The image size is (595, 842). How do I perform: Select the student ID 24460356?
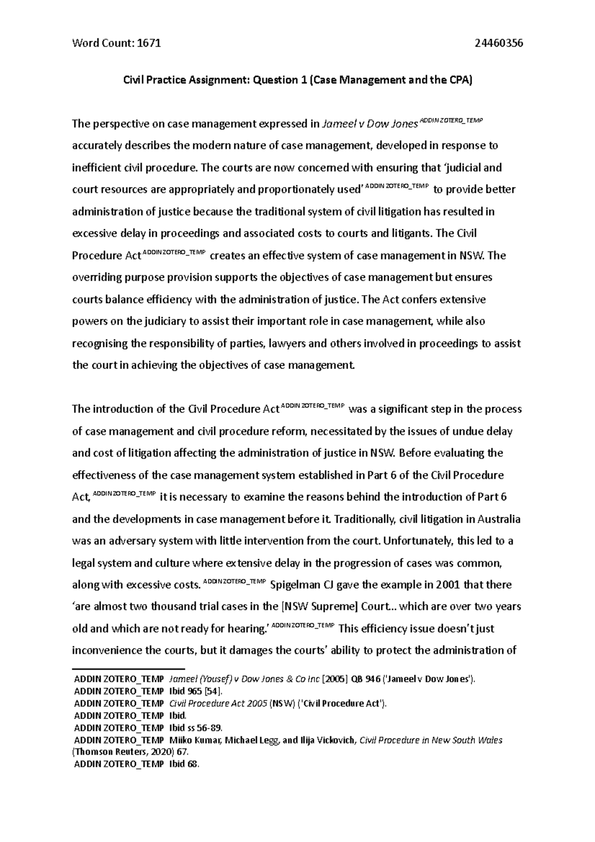pos(498,43)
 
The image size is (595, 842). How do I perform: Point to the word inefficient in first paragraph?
pos(97,168)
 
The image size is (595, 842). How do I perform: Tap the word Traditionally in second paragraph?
pos(365,520)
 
